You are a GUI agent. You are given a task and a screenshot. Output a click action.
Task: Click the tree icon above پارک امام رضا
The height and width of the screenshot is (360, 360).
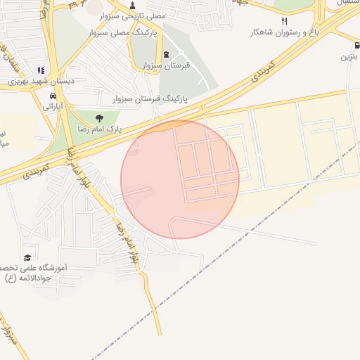coord(98,118)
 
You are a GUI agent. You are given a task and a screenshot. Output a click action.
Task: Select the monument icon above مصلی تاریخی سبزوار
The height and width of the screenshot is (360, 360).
coord(132,6)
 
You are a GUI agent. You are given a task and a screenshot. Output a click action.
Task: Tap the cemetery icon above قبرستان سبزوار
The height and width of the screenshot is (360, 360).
coord(166,55)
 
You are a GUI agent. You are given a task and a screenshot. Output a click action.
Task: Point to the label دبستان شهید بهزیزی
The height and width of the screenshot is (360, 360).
coord(41,81)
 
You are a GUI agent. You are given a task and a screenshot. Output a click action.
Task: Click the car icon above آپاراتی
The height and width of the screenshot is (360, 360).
coord(53,96)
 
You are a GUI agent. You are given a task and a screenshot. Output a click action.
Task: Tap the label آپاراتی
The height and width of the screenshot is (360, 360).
coord(54,107)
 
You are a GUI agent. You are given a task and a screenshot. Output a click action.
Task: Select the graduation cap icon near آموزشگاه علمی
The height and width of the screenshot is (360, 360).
coord(27,257)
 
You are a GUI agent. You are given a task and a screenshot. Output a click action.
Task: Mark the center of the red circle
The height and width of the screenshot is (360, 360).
coord(180,179)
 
